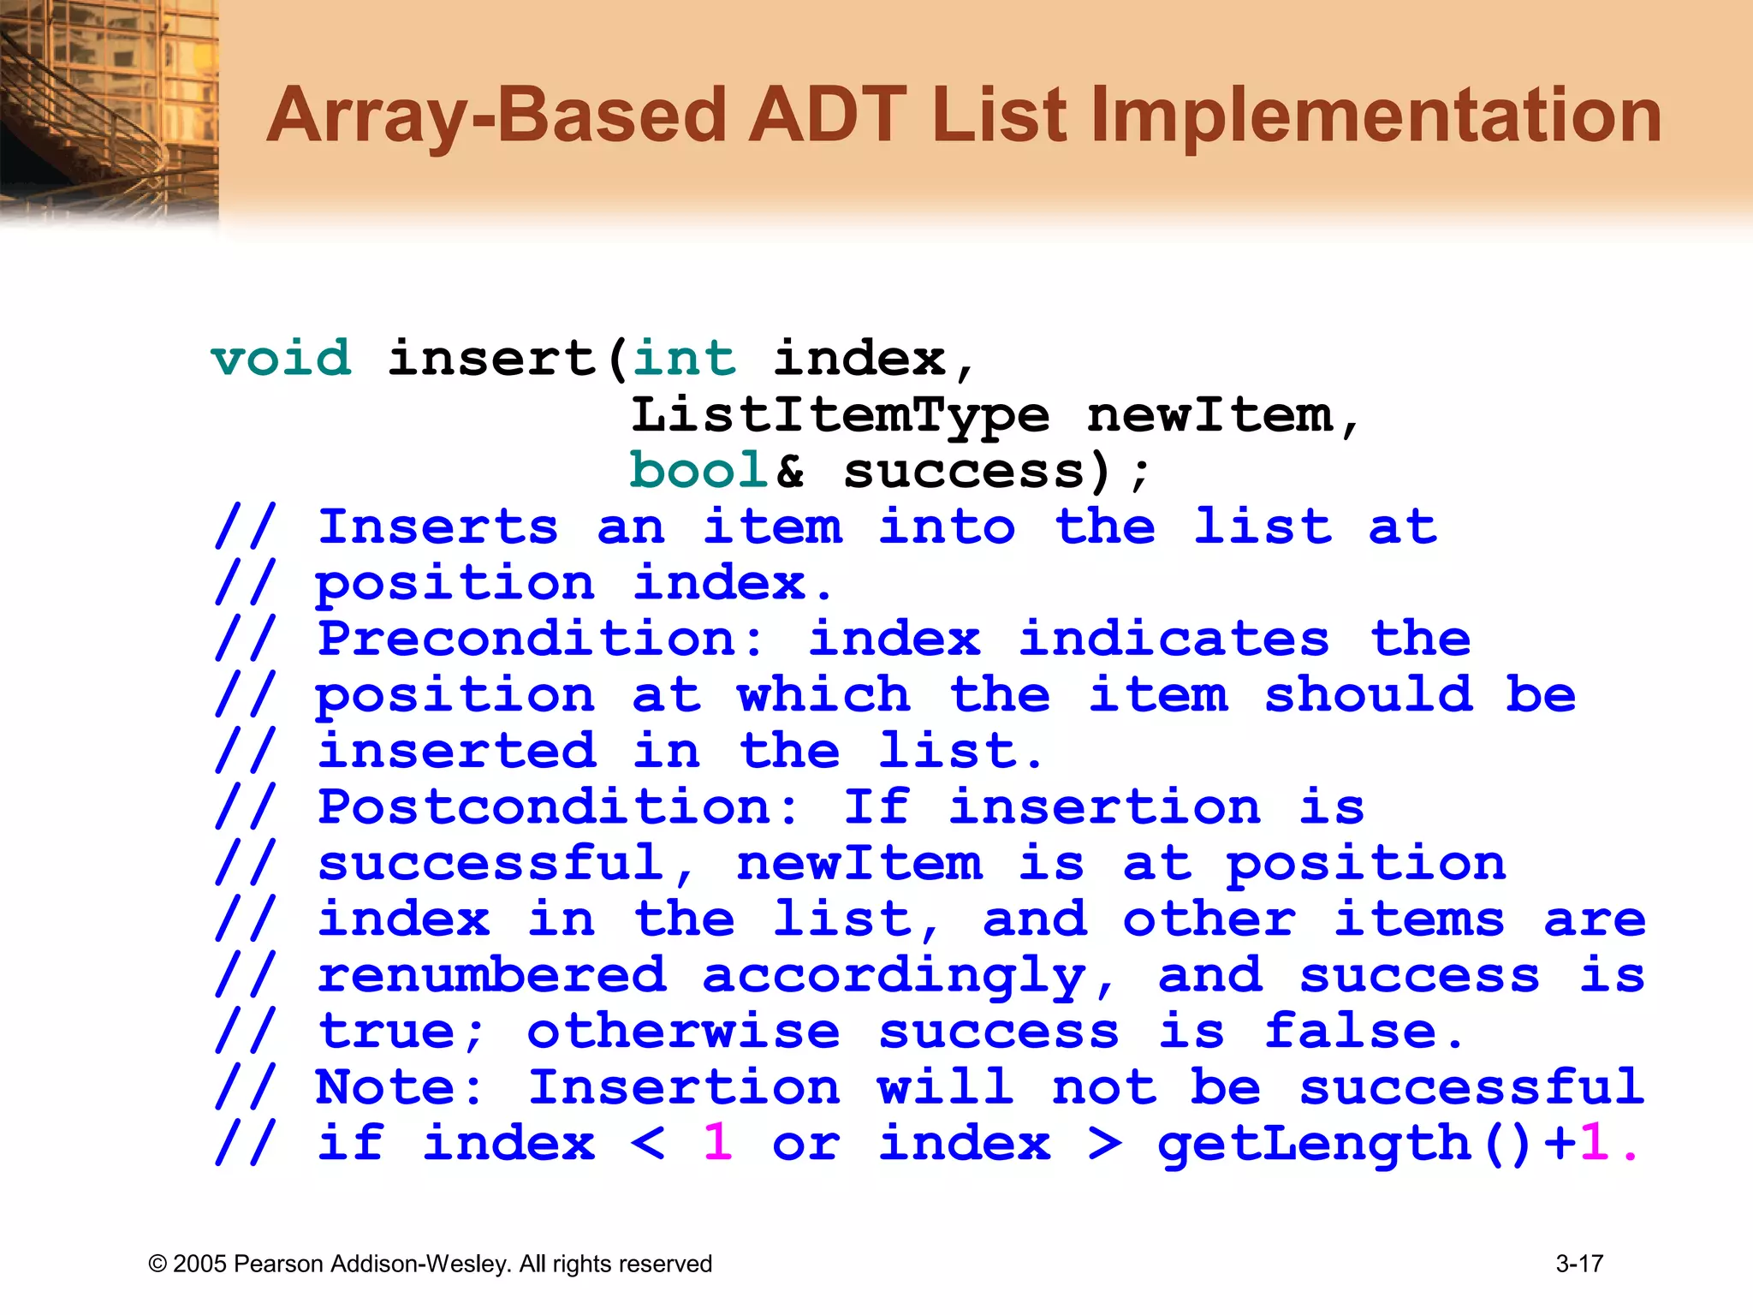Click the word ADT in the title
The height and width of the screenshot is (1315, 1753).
coord(826,116)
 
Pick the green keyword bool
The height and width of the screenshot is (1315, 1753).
coord(699,471)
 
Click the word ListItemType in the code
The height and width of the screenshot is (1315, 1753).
coord(840,417)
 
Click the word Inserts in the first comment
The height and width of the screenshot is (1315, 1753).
coord(437,527)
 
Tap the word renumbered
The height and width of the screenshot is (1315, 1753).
coord(491,976)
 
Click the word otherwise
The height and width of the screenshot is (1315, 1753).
coord(683,1032)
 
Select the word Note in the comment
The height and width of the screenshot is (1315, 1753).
coord(397,1088)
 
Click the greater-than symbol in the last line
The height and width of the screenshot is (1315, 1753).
coord(1104,1145)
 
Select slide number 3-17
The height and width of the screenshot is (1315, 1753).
coord(1579,1264)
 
